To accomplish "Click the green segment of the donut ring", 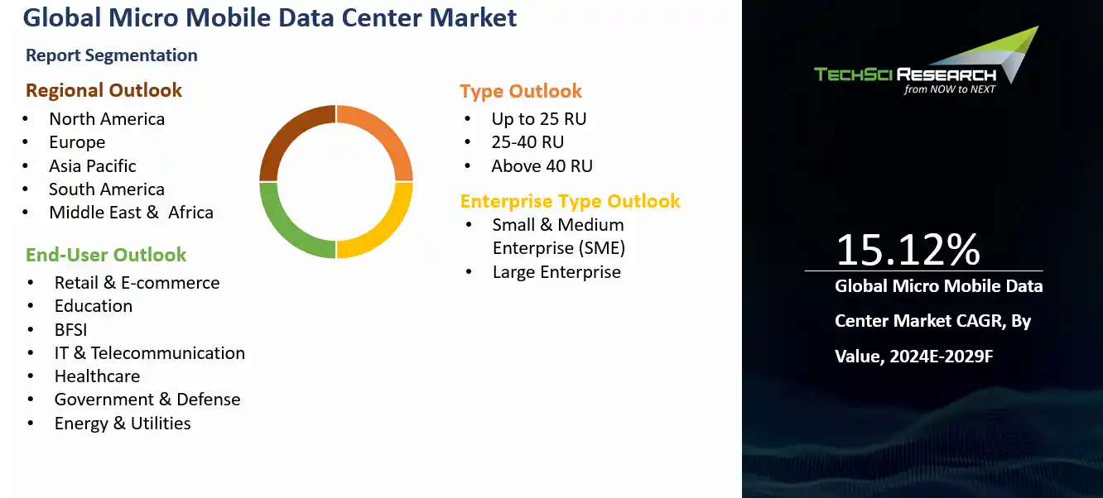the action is pyautogui.click(x=282, y=229).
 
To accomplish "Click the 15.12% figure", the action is pyautogui.click(x=908, y=250).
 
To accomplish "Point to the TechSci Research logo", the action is pyautogui.click(x=927, y=60).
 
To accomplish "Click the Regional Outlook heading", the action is pyautogui.click(x=104, y=90).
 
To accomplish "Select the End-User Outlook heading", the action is pyautogui.click(x=106, y=255).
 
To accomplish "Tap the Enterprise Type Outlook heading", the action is pyautogui.click(x=571, y=201).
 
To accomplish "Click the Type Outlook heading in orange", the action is pyautogui.click(x=521, y=92).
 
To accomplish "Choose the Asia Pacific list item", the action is pyautogui.click(x=93, y=166).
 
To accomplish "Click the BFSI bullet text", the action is pyautogui.click(x=71, y=330).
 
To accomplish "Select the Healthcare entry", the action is pyautogui.click(x=98, y=376).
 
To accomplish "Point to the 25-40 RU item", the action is pyautogui.click(x=527, y=142).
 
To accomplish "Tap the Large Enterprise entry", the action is pyautogui.click(x=557, y=272).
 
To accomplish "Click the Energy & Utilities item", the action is pyautogui.click(x=123, y=424).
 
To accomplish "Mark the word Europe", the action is pyautogui.click(x=77, y=143).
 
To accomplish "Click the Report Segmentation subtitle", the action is pyautogui.click(x=112, y=55).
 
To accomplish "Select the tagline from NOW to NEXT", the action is pyautogui.click(x=950, y=89).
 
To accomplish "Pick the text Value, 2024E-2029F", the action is pyautogui.click(x=914, y=357).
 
